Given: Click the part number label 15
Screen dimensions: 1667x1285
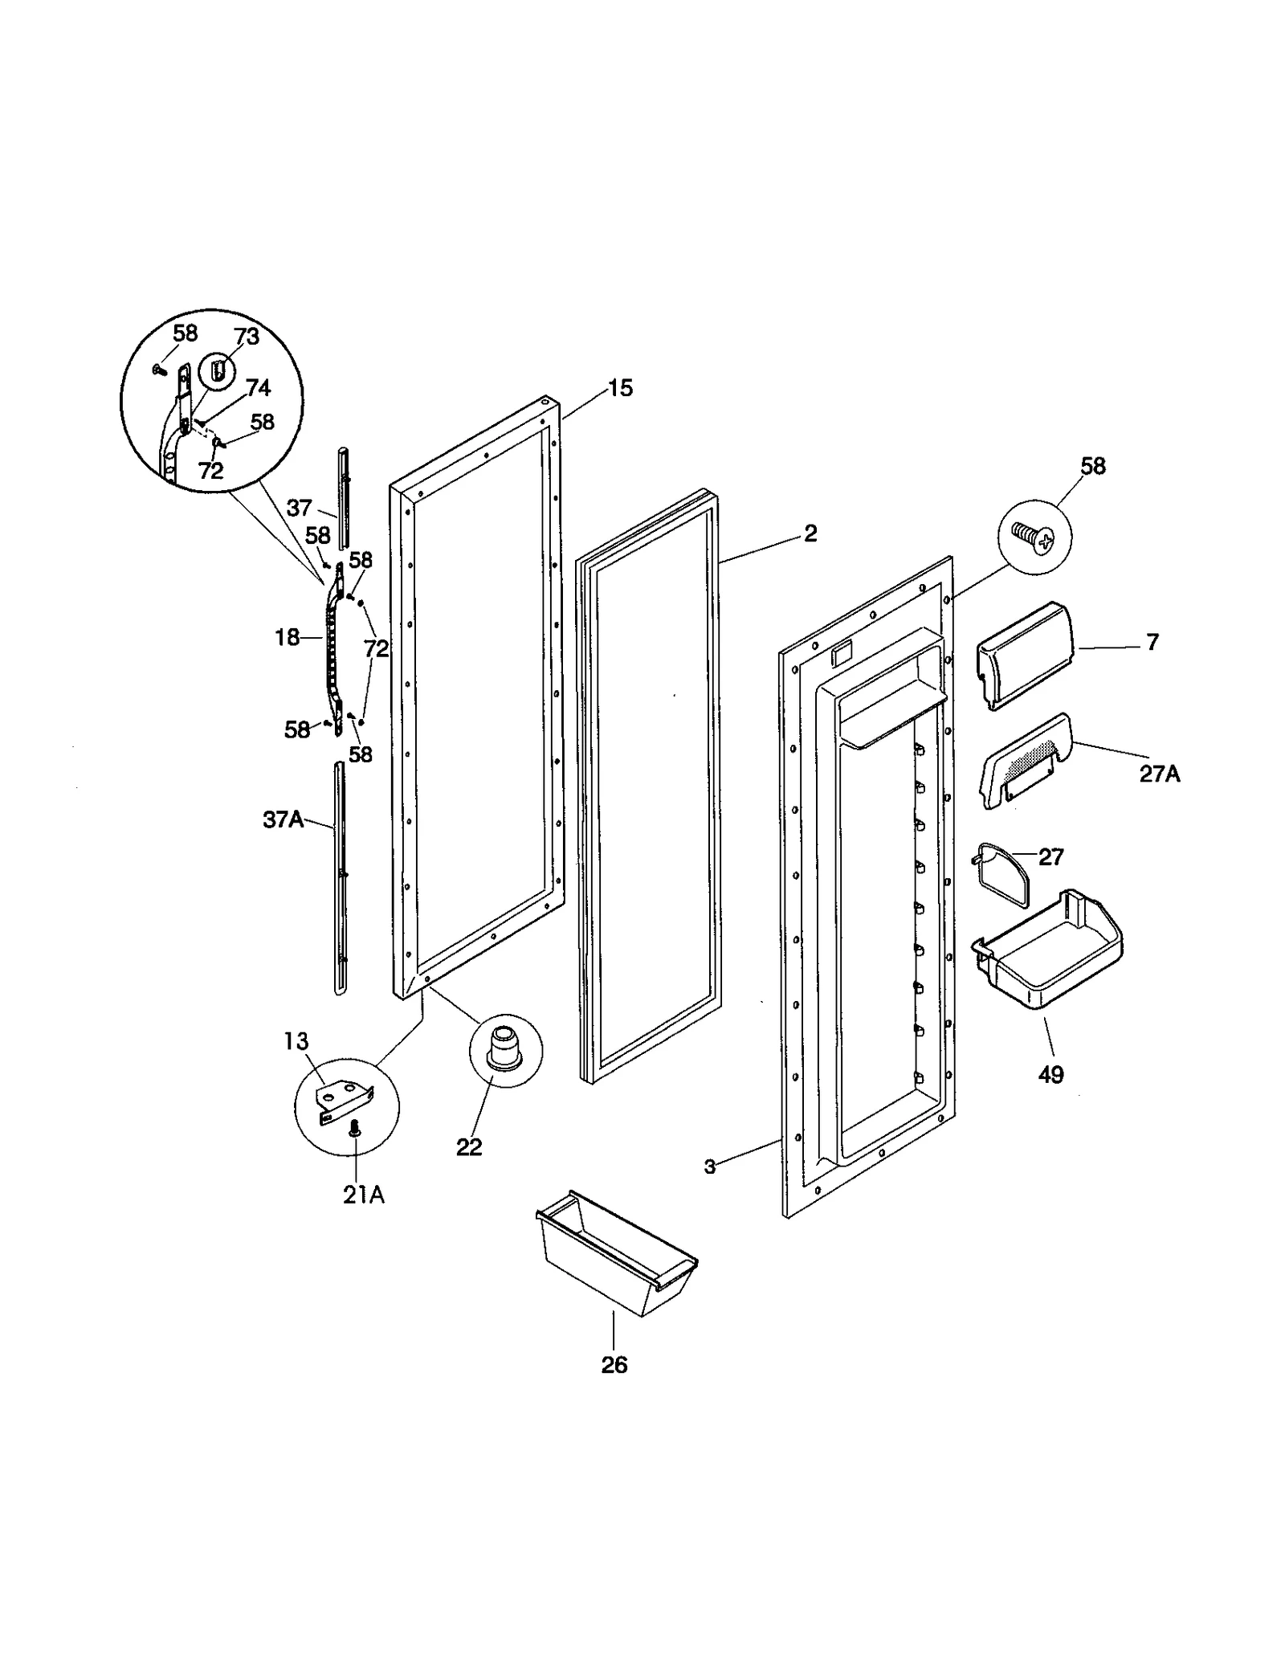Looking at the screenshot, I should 620,389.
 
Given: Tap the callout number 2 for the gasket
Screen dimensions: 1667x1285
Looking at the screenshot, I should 810,533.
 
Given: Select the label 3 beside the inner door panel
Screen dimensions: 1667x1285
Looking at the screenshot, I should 709,1166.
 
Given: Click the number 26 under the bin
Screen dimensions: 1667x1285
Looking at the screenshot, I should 614,1365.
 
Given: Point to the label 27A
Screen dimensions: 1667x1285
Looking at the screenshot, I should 1160,774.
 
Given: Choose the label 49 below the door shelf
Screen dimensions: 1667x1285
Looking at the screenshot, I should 1050,1075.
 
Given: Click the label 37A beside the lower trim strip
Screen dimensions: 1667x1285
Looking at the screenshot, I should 283,820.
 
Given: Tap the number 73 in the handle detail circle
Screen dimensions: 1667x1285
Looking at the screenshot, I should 247,337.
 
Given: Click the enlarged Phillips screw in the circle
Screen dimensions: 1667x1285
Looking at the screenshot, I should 1034,536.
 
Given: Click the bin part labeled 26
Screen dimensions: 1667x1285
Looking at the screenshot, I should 614,1256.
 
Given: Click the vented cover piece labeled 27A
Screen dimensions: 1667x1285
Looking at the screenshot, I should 1024,758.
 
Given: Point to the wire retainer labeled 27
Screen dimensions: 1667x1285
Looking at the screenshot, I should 1002,874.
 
